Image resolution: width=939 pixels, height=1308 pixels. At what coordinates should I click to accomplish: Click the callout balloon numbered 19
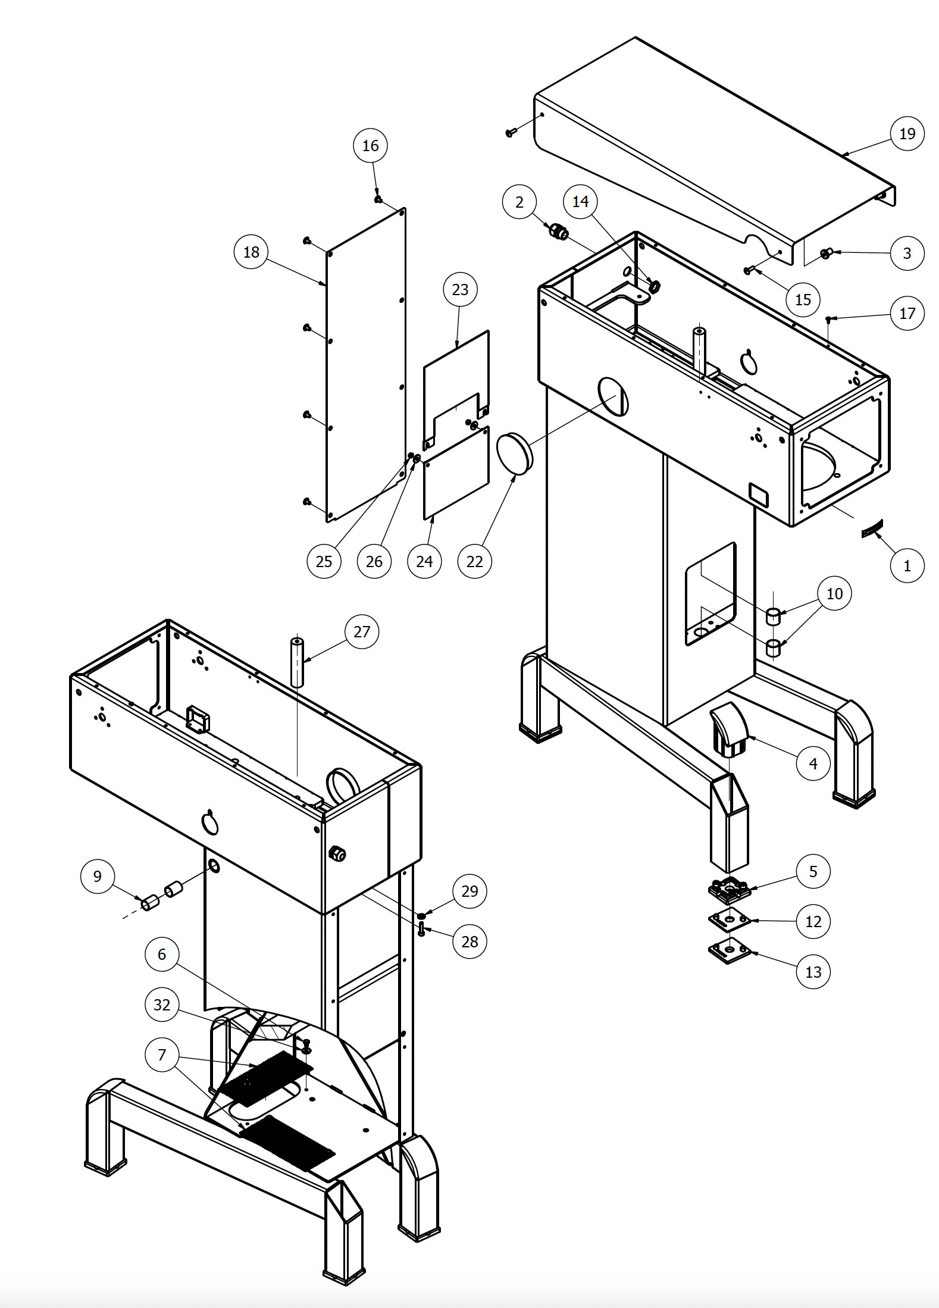[907, 133]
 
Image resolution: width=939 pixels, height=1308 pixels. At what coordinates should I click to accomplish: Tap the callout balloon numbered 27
[362, 631]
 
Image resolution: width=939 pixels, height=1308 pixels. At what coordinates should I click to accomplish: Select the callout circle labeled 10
[834, 593]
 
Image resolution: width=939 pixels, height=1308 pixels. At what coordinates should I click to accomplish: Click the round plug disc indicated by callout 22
[514, 453]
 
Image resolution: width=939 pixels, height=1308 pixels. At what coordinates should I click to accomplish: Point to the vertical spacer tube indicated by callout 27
[297, 662]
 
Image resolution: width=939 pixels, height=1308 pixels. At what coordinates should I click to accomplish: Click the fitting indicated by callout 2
[558, 231]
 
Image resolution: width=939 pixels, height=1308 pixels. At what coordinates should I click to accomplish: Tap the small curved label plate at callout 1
[872, 527]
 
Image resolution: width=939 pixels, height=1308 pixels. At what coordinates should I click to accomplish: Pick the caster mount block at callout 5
[729, 890]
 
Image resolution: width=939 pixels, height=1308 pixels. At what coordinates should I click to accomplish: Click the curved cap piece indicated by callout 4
[731, 728]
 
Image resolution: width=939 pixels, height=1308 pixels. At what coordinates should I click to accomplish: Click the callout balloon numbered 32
[162, 1005]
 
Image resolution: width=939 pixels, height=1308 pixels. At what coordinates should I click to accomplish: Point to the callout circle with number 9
[98, 876]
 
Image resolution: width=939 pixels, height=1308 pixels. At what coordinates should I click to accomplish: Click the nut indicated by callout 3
[825, 254]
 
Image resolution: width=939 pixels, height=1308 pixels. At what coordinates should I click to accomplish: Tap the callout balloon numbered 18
[251, 252]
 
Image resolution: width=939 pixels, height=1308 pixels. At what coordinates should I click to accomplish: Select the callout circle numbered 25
[324, 561]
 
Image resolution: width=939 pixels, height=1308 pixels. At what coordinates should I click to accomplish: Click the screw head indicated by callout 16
[378, 199]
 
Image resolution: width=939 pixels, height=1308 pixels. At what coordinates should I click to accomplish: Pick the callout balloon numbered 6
[162, 954]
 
